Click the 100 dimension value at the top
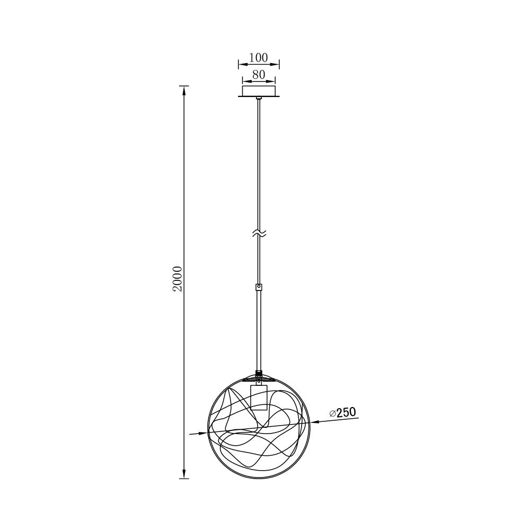259,57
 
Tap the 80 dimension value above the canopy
259,75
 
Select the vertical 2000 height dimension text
178,279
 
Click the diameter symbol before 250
332,413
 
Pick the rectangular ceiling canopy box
259,91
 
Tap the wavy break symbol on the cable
259,233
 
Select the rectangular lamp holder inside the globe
259,397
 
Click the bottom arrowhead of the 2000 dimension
184,475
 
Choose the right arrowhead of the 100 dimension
277,65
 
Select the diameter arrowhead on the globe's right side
314,422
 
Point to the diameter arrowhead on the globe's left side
204,433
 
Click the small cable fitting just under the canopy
259,99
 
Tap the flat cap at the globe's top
259,378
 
